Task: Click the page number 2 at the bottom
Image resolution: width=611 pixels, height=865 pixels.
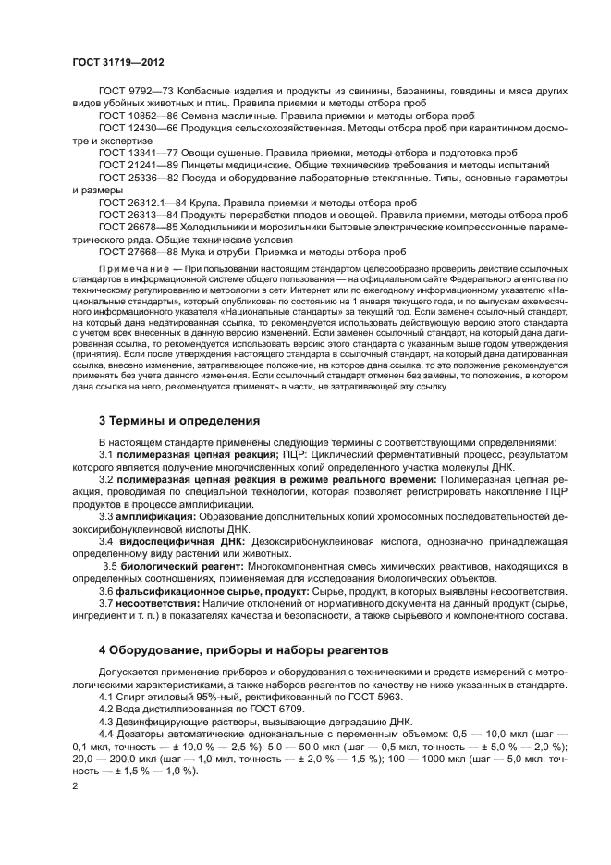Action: click(x=75, y=785)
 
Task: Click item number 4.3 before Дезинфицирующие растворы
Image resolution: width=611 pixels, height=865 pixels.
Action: click(x=107, y=722)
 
